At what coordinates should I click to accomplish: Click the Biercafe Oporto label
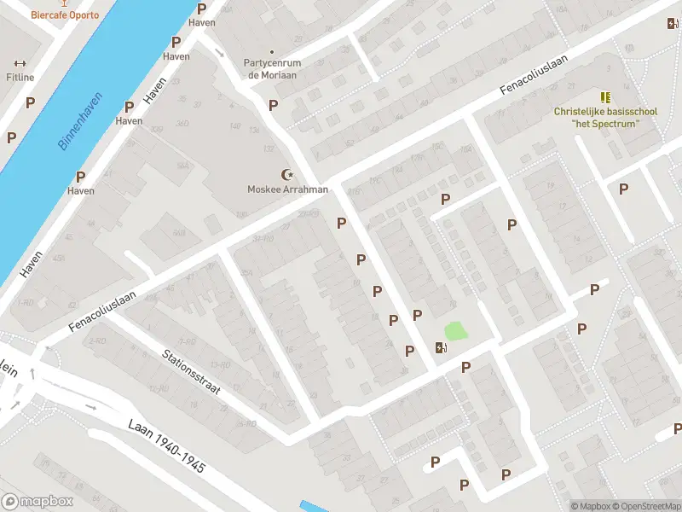point(65,15)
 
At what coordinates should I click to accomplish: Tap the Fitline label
point(20,78)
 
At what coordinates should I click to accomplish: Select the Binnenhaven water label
point(81,121)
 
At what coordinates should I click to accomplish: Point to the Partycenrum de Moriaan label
point(272,69)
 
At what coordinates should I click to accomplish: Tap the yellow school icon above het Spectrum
point(605,97)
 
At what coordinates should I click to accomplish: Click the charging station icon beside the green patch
point(440,347)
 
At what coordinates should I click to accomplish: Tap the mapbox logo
point(38,502)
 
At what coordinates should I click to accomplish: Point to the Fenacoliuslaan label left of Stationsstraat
point(102,313)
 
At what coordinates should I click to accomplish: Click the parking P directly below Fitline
point(31,102)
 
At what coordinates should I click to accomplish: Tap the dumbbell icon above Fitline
point(20,63)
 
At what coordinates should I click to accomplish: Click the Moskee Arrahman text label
point(287,189)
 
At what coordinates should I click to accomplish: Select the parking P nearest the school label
point(624,189)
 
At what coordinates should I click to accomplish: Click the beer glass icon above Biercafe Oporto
point(65,3)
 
